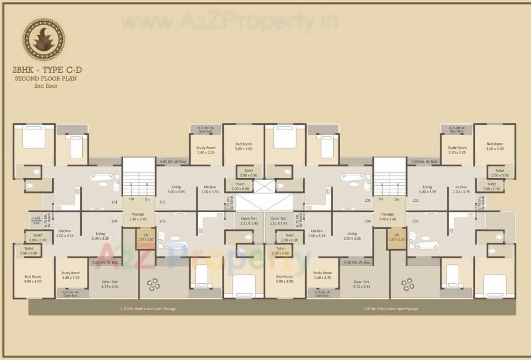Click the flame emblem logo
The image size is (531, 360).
[x=44, y=39]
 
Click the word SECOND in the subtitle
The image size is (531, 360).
[x=27, y=78]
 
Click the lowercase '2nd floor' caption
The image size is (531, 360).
[x=46, y=86]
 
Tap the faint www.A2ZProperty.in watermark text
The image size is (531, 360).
[x=229, y=20]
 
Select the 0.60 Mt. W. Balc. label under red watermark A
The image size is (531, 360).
[x=106, y=262]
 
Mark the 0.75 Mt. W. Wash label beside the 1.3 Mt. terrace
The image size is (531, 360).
[x=48, y=220]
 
